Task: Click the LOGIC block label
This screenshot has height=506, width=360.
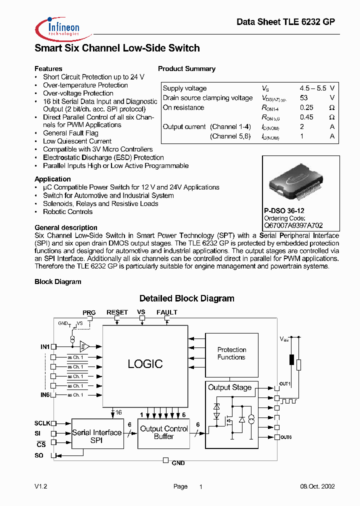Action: click(x=145, y=364)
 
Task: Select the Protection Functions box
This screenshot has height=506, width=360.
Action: click(x=231, y=353)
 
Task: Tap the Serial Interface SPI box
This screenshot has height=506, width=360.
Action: click(x=96, y=436)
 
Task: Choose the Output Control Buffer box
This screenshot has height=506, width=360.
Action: click(x=163, y=432)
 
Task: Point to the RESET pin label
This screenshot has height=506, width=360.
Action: click(x=117, y=312)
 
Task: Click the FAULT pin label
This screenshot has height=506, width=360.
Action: click(x=166, y=312)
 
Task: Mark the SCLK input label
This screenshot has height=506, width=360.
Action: click(x=42, y=423)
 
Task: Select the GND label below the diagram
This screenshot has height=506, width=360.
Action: click(x=178, y=463)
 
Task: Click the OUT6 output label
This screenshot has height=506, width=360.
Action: click(x=286, y=437)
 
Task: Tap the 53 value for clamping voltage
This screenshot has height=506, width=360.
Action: click(x=304, y=98)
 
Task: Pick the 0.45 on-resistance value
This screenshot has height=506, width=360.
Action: click(x=306, y=117)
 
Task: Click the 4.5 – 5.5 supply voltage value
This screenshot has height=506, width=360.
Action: click(x=313, y=88)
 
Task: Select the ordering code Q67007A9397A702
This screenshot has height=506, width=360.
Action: click(x=293, y=225)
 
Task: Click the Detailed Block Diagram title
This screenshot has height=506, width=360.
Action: click(x=186, y=298)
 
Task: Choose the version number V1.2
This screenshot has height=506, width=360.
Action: click(x=40, y=486)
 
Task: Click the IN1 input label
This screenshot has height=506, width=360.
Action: click(x=45, y=346)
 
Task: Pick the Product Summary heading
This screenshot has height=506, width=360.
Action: click(x=186, y=69)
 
